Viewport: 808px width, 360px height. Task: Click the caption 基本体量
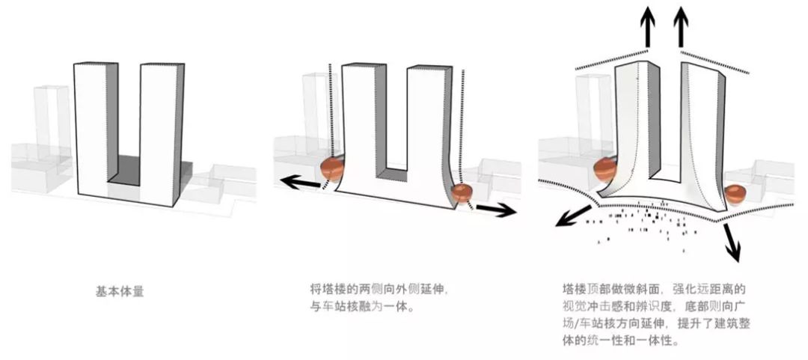point(120,291)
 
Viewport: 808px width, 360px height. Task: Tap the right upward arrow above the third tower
point(681,26)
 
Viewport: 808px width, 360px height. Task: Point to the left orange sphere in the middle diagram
point(332,168)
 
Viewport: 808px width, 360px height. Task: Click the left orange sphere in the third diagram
point(604,168)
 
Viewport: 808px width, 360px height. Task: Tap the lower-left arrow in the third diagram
point(573,215)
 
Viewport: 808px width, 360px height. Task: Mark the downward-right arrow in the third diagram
point(732,242)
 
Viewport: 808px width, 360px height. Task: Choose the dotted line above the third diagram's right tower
point(715,61)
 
